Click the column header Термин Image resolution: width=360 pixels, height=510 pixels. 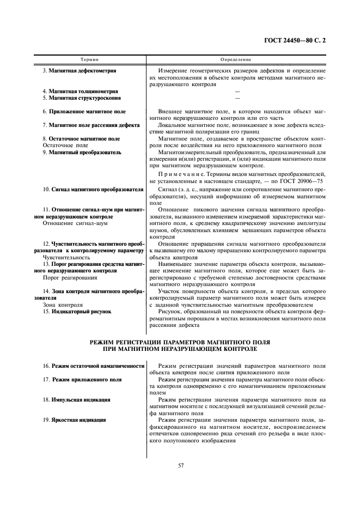[89, 58]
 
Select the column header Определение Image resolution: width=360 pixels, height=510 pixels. [236, 58]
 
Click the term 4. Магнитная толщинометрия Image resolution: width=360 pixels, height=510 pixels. [81, 91]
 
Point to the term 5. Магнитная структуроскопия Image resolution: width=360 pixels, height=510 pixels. [82, 98]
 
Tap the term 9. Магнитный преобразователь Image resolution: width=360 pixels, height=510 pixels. [82, 153]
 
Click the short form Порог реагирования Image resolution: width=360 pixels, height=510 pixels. [66, 277]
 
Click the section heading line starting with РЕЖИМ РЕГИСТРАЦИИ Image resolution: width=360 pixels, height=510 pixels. [180, 342]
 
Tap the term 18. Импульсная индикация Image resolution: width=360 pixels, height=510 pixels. [81, 399]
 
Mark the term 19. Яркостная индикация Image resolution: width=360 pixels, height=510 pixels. [79, 420]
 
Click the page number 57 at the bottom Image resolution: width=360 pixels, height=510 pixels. [180, 465]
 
